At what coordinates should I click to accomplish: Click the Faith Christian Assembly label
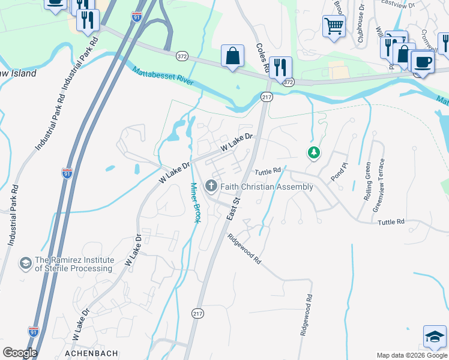pos(267,187)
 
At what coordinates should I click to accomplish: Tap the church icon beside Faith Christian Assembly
pos(211,187)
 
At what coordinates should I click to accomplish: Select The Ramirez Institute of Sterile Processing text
pos(74,264)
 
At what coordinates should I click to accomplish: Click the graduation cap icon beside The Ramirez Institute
pos(26,263)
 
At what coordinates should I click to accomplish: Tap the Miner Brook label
pos(194,203)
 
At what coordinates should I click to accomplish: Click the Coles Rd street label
pos(261,58)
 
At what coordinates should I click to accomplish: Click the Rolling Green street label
pos(367,181)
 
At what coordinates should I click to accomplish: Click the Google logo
pos(19,353)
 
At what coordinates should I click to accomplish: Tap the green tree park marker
pos(313,153)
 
